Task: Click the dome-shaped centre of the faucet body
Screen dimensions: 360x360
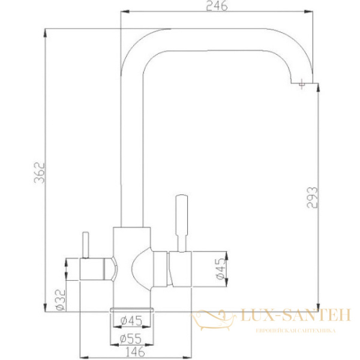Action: click(140, 269)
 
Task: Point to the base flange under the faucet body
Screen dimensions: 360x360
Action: click(131, 307)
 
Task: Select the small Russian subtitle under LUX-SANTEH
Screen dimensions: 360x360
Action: click(295, 331)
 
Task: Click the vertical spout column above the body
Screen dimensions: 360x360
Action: click(131, 150)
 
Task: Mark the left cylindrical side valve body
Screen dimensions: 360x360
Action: click(96, 269)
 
